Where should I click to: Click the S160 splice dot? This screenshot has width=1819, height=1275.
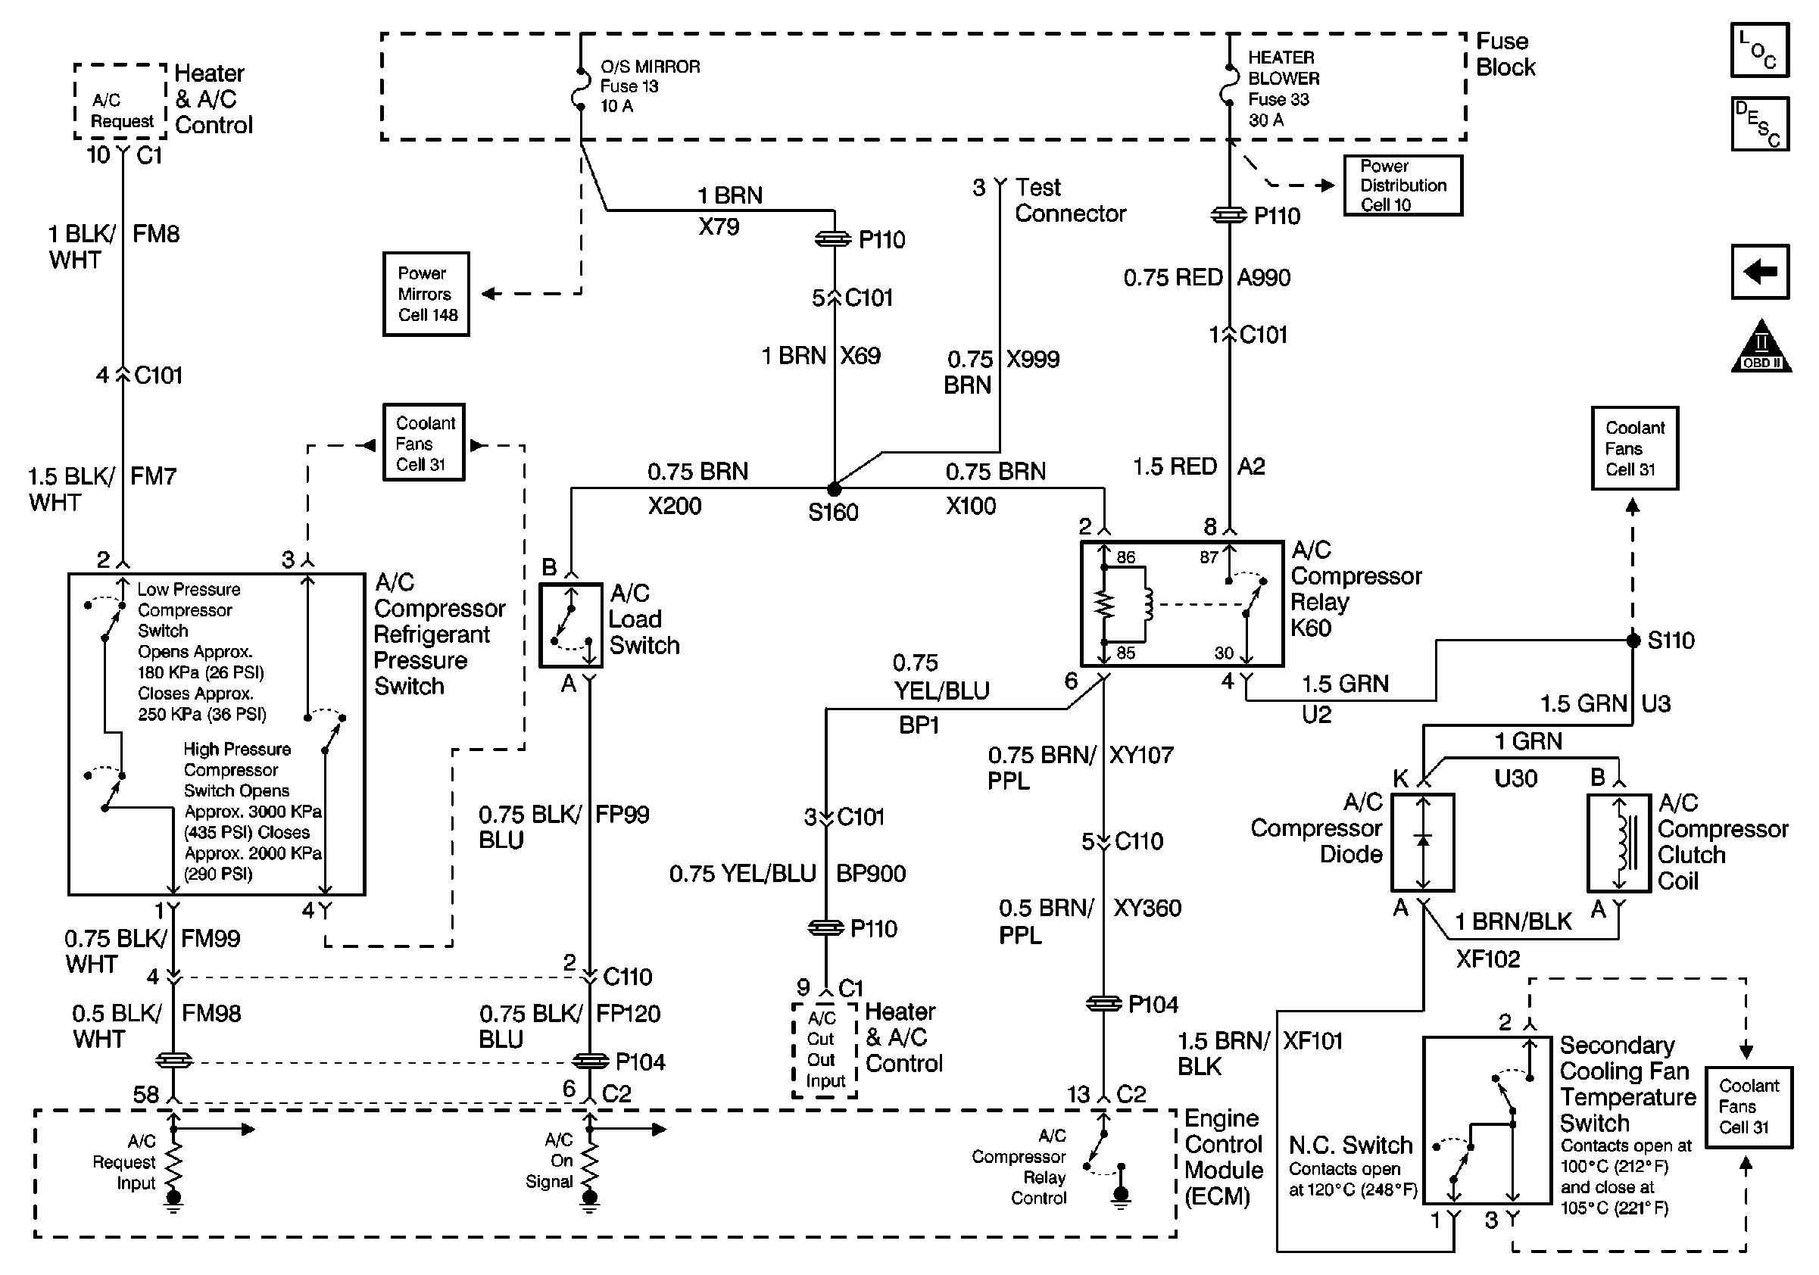[835, 488]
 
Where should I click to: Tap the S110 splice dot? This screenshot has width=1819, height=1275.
[1633, 640]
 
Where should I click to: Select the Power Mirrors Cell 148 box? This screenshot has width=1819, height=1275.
[426, 294]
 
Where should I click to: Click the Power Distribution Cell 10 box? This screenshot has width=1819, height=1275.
[1402, 185]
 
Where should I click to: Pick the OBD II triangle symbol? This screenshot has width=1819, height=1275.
[1761, 347]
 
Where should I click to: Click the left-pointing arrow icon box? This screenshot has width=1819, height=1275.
[1760, 272]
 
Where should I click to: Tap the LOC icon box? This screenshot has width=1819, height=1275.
[1760, 50]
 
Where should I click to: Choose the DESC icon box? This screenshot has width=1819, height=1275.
[1760, 123]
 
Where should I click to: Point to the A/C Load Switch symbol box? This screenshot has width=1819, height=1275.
[570, 625]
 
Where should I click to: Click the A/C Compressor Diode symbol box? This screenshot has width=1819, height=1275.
[1423, 843]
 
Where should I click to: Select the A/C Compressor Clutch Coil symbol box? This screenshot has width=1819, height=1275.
[1619, 843]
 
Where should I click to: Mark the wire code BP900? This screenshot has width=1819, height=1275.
[871, 874]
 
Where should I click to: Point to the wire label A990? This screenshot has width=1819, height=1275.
[1264, 278]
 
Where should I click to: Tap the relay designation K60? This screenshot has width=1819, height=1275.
[1311, 628]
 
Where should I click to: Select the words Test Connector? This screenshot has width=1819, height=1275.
[1069, 201]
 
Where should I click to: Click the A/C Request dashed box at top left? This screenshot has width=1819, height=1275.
[120, 101]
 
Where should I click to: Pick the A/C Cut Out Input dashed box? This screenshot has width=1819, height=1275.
[825, 1050]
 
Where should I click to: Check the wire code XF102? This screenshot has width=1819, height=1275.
[1488, 959]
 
